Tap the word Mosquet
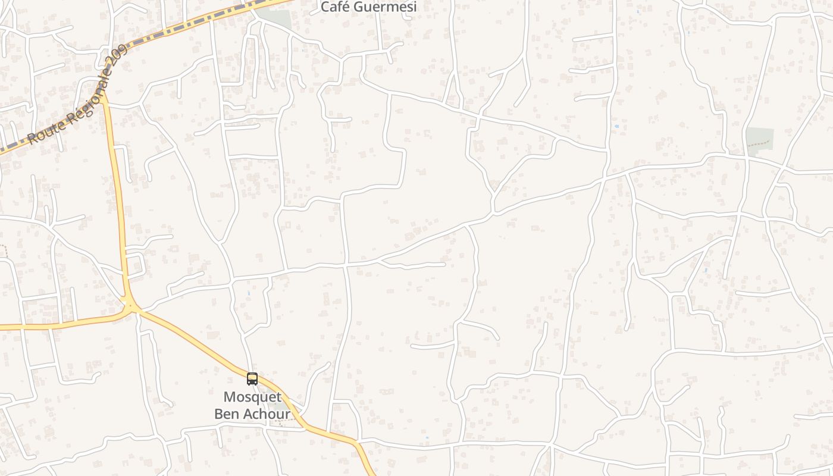tap(252, 397)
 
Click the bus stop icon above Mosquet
tap(252, 379)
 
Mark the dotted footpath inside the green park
tap(759, 144)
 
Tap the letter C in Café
tap(325, 7)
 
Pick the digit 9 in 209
tap(124, 51)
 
